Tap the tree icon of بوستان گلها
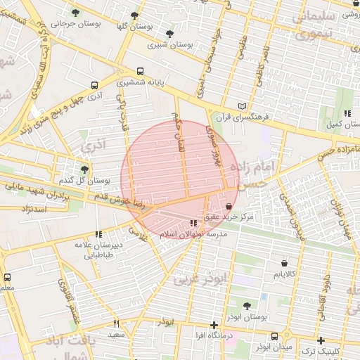tap(134, 15)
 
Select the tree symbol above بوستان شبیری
tap(169, 33)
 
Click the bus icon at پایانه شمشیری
tap(140, 72)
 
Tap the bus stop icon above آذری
tap(95, 85)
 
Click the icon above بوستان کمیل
tap(347, 113)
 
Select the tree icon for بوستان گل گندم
tap(85, 169)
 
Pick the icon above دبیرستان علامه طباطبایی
tap(98, 234)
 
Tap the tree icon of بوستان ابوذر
tap(246, 306)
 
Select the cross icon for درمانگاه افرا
tap(214, 325)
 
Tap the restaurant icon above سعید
tap(117, 324)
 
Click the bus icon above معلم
tap(7, 278)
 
